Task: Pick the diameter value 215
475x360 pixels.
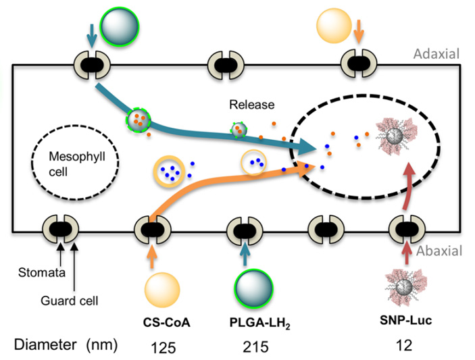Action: click(x=254, y=347)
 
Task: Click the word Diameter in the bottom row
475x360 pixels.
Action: click(x=47, y=346)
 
